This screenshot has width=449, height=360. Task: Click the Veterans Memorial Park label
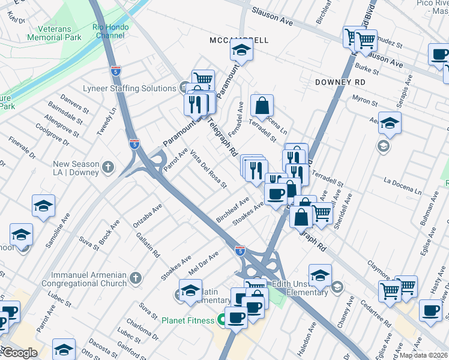[53, 33]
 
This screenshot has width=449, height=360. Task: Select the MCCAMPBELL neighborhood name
[239, 40]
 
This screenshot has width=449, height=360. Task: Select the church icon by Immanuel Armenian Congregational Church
[136, 278]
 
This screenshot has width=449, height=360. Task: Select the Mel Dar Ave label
[203, 263]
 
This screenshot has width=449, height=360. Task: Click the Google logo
[19, 353]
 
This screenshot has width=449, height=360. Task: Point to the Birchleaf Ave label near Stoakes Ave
[233, 211]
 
